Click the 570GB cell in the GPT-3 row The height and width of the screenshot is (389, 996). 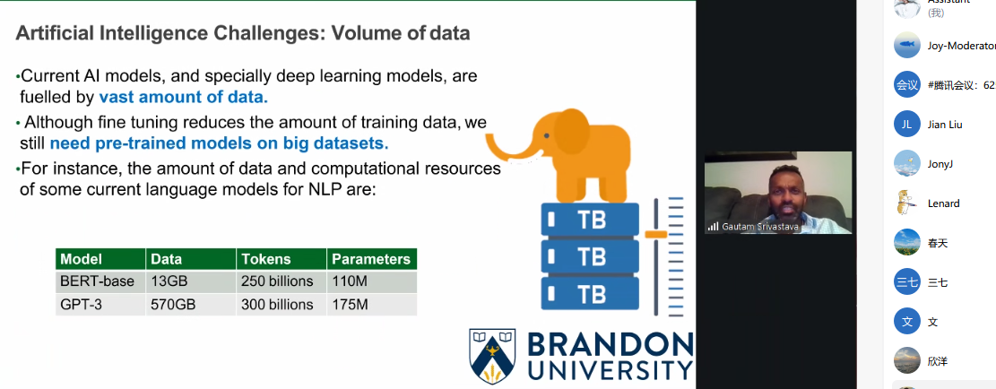point(173,305)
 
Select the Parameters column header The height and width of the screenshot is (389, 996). point(371,259)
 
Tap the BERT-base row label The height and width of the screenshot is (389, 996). point(97,281)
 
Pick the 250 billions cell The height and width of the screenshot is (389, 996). point(277,281)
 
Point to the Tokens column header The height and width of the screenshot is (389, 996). point(265,259)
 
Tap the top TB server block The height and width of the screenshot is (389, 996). point(590,219)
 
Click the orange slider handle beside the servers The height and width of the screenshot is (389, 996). point(655,234)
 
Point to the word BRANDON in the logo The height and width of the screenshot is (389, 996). point(611,345)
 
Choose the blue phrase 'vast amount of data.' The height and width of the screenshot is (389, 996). point(184,97)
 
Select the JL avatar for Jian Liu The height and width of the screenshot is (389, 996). point(907,125)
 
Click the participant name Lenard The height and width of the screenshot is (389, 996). point(943,203)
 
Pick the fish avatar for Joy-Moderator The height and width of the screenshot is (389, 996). point(907,45)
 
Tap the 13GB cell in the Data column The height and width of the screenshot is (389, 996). point(169,281)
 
